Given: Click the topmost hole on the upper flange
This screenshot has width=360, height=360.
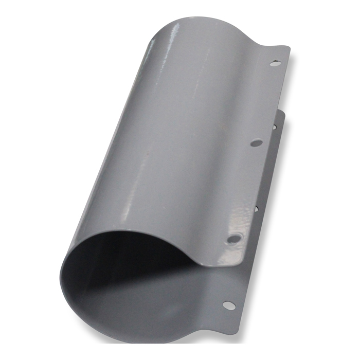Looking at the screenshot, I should point(276,64).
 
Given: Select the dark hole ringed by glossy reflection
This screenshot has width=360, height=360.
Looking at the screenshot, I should point(233,238).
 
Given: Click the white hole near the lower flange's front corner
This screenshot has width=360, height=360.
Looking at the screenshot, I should point(228,305).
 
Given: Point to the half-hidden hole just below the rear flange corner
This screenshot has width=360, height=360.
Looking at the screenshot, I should point(275,126).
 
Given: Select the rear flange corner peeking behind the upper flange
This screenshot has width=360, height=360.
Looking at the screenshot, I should point(282,112).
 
